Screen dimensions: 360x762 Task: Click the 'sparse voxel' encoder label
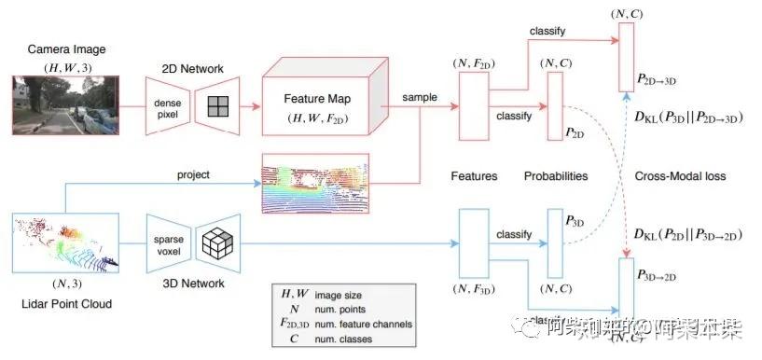(x=171, y=245)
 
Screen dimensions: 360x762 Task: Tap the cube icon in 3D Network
(x=218, y=245)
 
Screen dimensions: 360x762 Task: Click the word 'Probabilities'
(x=556, y=175)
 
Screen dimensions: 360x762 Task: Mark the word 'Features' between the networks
(x=474, y=175)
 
